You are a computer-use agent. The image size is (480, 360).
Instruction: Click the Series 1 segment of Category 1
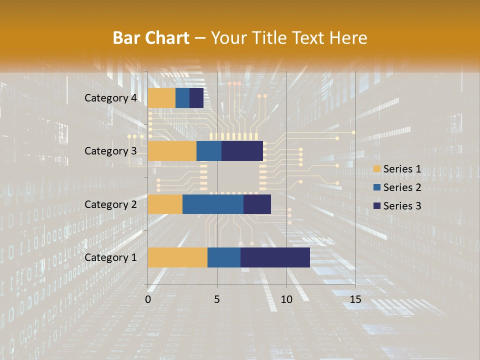[177, 257]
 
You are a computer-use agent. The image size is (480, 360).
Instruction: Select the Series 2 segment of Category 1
[224, 257]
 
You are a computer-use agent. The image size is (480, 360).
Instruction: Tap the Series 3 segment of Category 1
[275, 257]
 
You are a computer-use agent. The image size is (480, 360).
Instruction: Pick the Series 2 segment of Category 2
[213, 204]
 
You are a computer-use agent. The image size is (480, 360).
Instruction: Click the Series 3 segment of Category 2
[257, 204]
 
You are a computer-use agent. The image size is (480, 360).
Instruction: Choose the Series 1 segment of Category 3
[172, 151]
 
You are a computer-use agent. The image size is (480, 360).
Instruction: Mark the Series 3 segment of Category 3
[242, 151]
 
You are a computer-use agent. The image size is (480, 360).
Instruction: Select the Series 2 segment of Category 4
[182, 98]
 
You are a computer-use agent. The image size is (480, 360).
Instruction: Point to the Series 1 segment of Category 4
[161, 98]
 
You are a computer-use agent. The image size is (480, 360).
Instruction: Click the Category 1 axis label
[110, 257]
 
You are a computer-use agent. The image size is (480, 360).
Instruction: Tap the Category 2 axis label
[110, 204]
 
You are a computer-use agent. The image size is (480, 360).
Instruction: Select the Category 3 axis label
[110, 151]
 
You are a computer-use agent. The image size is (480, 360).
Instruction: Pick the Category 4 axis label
[110, 98]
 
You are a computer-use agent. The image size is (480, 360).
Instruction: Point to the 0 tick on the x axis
[148, 299]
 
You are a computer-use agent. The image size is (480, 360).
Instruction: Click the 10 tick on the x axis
[286, 299]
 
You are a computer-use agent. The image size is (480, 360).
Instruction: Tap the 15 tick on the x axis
[355, 299]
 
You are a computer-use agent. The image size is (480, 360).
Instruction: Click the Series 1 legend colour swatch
[377, 169]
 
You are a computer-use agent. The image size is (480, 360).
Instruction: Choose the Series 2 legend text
[402, 187]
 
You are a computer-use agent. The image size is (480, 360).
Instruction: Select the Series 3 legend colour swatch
[377, 206]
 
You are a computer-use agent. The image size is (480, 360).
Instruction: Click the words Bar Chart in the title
[151, 37]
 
